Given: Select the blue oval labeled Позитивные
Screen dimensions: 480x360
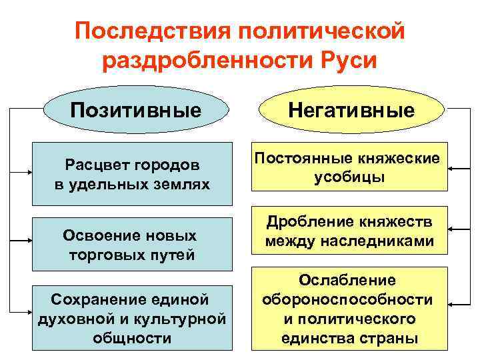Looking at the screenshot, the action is point(135,109).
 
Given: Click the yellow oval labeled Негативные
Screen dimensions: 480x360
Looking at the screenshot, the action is point(351,109).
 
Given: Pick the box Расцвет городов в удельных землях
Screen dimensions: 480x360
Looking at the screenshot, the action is point(131,173).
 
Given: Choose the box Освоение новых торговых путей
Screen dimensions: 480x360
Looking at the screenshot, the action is point(131,245).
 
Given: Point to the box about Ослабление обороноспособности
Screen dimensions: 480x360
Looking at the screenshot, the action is point(349,309).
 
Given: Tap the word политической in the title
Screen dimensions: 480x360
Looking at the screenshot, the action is point(318,31).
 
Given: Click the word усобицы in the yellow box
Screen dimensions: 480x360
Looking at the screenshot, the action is point(349,178).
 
